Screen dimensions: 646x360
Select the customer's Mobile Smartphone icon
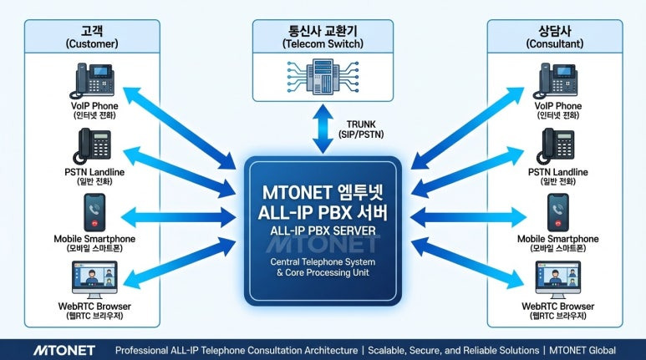pos(92,212)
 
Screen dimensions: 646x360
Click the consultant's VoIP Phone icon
pos(556,81)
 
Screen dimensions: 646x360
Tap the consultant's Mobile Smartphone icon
pos(556,212)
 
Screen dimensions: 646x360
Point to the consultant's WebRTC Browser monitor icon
pos(556,280)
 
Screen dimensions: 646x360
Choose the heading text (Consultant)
pos(556,42)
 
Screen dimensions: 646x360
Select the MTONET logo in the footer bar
pos(64,350)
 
